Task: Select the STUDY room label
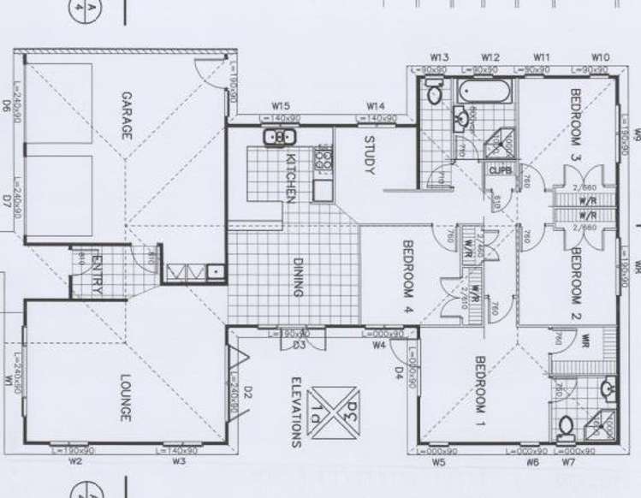tap(371, 155)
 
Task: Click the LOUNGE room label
tap(125, 400)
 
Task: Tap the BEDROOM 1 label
tap(479, 390)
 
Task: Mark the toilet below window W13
tap(434, 92)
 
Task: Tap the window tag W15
tap(279, 106)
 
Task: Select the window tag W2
tap(75, 462)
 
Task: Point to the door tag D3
tap(300, 345)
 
